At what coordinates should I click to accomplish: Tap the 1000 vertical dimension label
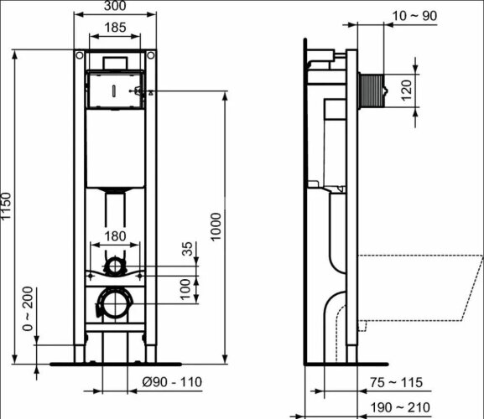[218, 227]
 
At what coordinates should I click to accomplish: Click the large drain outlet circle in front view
[114, 303]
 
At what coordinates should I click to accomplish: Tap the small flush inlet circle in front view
[114, 267]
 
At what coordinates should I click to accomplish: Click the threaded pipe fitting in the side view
[372, 90]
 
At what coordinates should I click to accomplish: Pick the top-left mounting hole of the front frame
[78, 55]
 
